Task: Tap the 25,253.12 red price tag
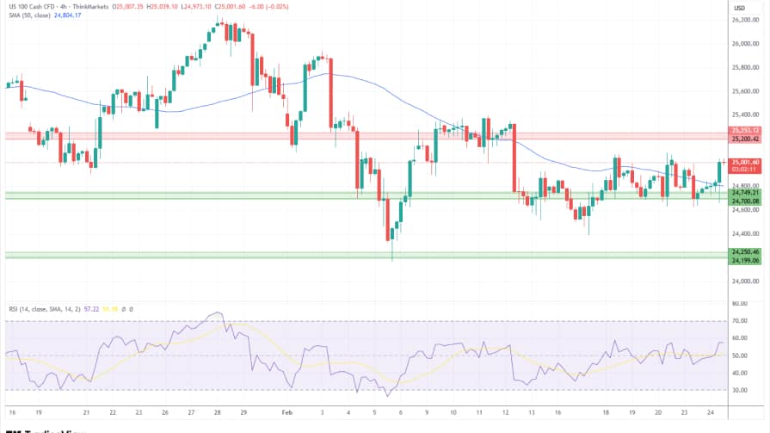[x=745, y=130]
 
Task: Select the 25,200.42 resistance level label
[x=745, y=139]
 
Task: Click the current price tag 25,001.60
[x=745, y=162]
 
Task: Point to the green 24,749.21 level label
[x=745, y=193]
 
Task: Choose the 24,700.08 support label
[x=745, y=201]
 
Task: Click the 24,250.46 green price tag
[x=745, y=252]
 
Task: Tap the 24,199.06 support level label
[x=745, y=260]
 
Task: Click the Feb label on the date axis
[x=286, y=412]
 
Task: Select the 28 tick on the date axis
[x=219, y=412]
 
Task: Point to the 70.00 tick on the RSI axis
[x=739, y=321]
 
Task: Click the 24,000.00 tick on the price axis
[x=744, y=281]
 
